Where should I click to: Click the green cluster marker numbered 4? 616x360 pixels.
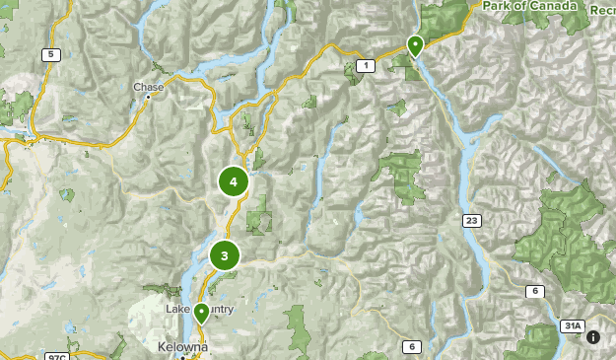click(x=234, y=181)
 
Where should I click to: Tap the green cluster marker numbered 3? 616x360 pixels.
click(x=225, y=256)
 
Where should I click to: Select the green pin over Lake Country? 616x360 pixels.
click(x=201, y=314)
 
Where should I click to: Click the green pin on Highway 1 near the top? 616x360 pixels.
click(x=415, y=45)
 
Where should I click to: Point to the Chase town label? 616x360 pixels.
click(x=149, y=88)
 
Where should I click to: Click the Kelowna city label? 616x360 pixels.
click(x=182, y=348)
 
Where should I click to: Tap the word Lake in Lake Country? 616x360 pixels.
click(x=177, y=310)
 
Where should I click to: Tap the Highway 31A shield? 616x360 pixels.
click(x=572, y=326)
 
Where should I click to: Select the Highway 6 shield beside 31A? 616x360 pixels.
click(x=534, y=291)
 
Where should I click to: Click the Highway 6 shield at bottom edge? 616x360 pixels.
click(x=410, y=346)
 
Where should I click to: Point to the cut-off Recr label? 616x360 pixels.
click(x=602, y=9)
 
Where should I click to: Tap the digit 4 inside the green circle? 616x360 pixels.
click(x=234, y=181)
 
